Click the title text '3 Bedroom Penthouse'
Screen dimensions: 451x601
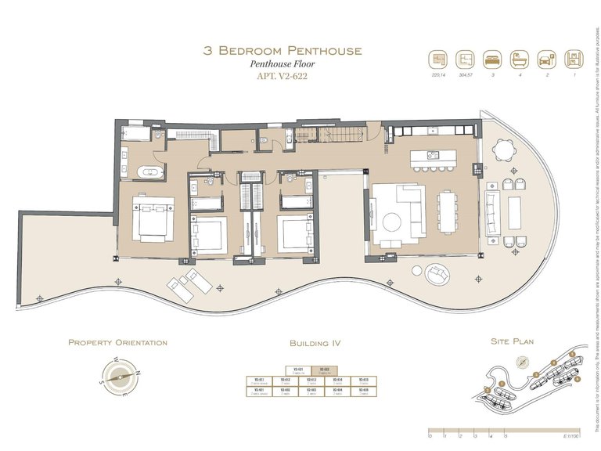(x=283, y=51)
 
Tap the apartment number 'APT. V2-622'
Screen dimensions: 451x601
(x=283, y=77)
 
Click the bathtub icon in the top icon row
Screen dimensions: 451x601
(x=519, y=60)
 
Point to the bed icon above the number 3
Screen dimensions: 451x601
(x=491, y=60)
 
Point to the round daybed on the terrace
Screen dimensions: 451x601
(x=437, y=274)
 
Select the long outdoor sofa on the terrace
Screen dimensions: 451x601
(x=492, y=213)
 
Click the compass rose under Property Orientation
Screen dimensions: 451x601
(x=118, y=374)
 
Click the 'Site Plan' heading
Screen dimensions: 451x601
(x=510, y=342)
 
